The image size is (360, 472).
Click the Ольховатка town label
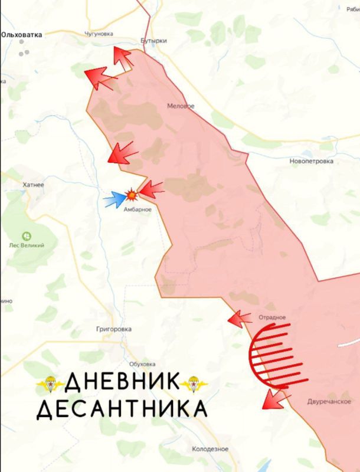click(22, 35)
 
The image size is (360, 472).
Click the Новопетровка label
click(312, 160)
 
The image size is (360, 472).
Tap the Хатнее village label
click(33, 185)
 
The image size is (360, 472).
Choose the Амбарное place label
click(137, 209)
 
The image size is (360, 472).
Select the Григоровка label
click(114, 329)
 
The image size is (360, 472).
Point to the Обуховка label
click(142, 364)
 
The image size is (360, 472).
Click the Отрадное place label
click(271, 317)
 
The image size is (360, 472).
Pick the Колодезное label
click(211, 449)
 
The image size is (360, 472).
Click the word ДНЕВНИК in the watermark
click(121, 382)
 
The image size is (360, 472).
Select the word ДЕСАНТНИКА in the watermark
click(122, 408)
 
